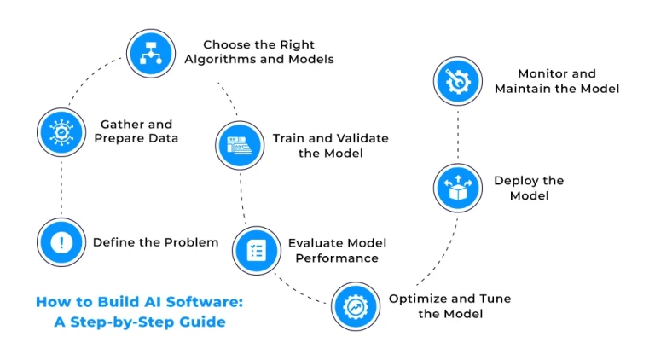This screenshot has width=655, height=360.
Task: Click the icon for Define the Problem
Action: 62,242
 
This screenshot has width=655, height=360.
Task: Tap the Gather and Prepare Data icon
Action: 62,131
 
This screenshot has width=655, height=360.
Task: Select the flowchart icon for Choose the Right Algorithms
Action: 151,53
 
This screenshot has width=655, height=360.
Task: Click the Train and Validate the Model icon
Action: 239,145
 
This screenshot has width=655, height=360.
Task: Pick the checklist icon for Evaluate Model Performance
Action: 257,250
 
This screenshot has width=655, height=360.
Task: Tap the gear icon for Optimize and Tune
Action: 355,305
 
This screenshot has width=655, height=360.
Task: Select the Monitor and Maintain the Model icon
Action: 460,81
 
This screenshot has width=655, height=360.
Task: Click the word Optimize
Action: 420,299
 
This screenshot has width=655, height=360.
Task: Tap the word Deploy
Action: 516,181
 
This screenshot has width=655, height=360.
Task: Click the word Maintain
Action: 522,89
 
